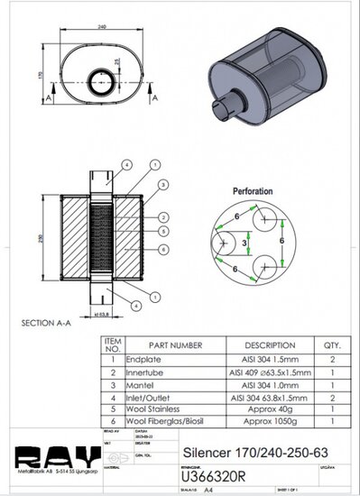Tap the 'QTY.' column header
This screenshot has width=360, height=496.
pos(331,344)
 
